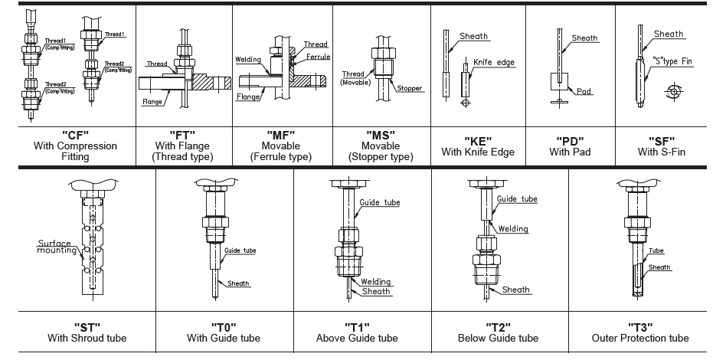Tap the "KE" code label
pos(477,140)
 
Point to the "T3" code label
pos(640,326)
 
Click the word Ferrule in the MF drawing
pos(314,57)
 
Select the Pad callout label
pos(585,91)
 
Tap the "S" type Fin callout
pos(672,60)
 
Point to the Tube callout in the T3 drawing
pos(656,250)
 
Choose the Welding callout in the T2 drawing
pos(512,228)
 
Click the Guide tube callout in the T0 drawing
pos(240,250)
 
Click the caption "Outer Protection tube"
pos(640,338)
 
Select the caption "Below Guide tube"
pos(498,338)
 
